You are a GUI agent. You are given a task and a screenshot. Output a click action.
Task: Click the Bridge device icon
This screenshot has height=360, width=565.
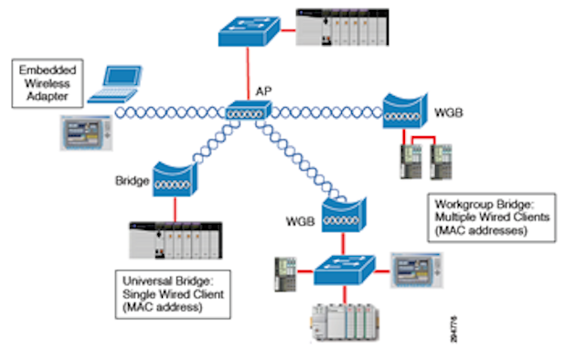tap(174, 181)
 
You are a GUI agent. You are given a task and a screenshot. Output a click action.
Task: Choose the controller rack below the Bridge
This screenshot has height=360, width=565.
tap(175, 242)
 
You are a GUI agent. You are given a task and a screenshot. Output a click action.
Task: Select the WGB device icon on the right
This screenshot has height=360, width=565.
tap(403, 111)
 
